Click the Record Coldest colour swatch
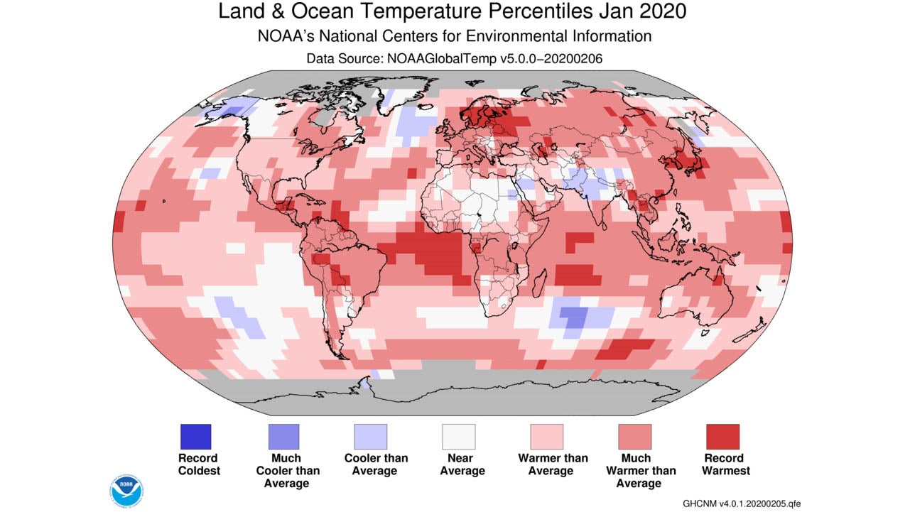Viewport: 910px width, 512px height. pyautogui.click(x=195, y=437)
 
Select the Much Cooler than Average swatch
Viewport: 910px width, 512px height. pyautogui.click(x=283, y=437)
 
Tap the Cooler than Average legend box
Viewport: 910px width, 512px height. pyautogui.click(x=371, y=437)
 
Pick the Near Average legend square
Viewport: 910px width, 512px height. pyautogui.click(x=458, y=437)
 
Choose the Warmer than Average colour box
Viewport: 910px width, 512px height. pyautogui.click(x=546, y=437)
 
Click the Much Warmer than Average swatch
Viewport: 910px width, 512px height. pyautogui.click(x=634, y=437)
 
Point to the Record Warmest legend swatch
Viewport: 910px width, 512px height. pyautogui.click(x=722, y=437)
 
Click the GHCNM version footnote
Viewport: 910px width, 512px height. pyautogui.click(x=742, y=503)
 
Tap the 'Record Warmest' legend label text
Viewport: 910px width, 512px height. pyautogui.click(x=723, y=464)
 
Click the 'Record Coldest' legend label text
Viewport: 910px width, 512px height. pyautogui.click(x=199, y=464)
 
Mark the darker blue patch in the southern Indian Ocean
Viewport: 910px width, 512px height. pyautogui.click(x=573, y=317)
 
